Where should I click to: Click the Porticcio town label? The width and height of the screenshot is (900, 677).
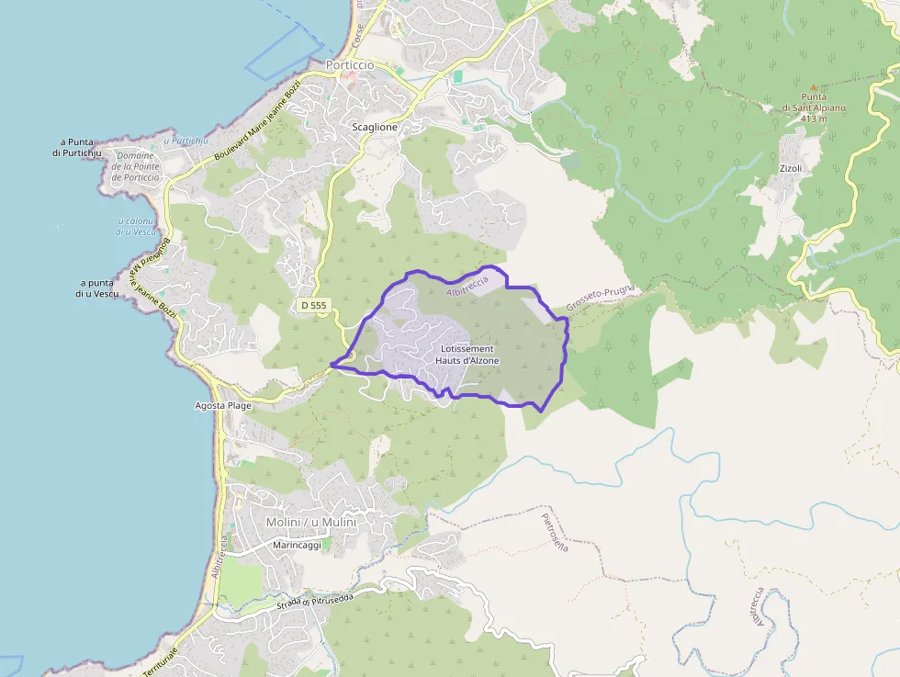point(351,65)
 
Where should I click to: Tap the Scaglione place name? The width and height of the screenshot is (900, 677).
point(375,127)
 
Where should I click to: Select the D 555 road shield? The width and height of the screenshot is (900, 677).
point(313,305)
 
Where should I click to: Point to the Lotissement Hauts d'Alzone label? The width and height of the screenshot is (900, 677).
point(467,355)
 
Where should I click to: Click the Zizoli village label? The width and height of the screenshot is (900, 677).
point(790,169)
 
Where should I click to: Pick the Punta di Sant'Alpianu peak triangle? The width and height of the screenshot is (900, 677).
point(812,87)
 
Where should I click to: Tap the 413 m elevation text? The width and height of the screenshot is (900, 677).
point(813,118)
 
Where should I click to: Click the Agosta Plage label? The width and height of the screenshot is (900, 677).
point(223,405)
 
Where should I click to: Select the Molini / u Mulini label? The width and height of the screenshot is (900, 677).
point(310,522)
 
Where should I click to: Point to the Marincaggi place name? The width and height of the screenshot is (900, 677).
point(297,545)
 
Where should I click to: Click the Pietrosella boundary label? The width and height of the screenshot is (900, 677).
point(555,531)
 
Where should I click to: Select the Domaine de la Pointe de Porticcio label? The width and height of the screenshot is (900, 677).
point(136,166)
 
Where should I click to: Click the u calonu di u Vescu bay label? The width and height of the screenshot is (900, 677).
point(136,227)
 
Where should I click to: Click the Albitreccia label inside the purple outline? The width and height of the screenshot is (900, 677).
point(467,287)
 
